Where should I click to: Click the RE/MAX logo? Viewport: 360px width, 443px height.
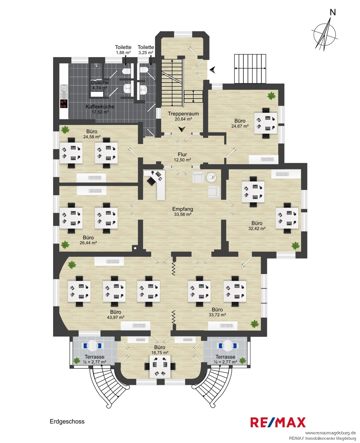click(278, 422)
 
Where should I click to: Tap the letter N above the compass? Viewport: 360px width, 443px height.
click(333, 12)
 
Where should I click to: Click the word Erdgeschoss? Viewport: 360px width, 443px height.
click(67, 421)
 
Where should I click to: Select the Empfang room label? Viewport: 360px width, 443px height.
click(183, 209)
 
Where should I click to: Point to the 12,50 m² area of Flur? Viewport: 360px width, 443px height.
click(182, 160)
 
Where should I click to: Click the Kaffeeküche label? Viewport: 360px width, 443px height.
click(100, 107)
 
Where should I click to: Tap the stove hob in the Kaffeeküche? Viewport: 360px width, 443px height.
click(64, 104)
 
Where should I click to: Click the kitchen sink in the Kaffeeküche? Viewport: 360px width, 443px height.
click(64, 89)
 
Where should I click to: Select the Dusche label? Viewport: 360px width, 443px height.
click(100, 82)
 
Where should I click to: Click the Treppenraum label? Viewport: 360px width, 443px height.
click(183, 114)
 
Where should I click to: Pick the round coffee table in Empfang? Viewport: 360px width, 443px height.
click(212, 177)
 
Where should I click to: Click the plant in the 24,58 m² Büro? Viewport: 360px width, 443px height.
click(65, 129)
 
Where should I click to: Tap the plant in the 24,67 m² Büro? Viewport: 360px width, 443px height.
click(271, 96)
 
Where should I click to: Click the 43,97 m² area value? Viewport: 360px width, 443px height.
click(116, 317)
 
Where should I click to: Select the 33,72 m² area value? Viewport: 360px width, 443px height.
click(217, 315)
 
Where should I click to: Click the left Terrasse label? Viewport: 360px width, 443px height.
click(94, 357)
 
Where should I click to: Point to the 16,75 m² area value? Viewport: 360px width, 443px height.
click(160, 353)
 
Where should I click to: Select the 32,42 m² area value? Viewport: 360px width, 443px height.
click(257, 228)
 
